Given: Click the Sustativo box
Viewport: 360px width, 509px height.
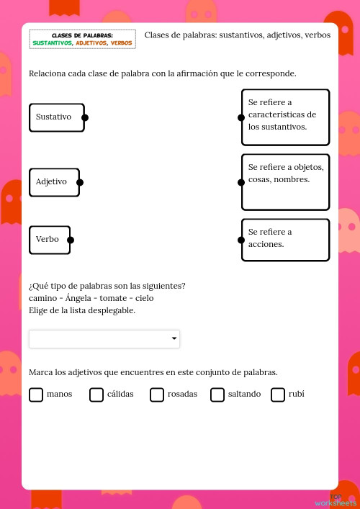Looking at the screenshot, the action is point(56,117).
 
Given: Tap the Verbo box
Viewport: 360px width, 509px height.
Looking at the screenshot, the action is point(49,240).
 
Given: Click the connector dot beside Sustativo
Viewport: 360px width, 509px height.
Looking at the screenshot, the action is point(85,117).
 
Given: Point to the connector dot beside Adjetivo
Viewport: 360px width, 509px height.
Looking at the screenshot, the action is point(80,182).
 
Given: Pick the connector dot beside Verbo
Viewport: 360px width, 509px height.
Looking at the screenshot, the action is point(71,240).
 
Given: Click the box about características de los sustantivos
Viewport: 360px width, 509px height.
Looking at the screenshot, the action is point(286,117).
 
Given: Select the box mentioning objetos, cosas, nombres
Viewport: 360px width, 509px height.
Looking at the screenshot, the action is point(286,181).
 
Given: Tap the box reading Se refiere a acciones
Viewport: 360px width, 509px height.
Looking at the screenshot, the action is point(286,239).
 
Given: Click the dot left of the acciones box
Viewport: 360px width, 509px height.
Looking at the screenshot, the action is point(241,239).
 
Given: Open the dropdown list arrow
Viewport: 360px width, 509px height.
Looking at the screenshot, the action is point(174,338).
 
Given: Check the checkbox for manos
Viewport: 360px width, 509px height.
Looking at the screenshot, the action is point(36,395).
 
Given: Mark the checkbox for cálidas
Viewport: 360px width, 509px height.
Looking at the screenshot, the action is point(96,395).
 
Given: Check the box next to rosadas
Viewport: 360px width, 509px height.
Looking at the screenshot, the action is point(157,395).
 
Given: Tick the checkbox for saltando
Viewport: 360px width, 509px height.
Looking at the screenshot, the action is point(217,395).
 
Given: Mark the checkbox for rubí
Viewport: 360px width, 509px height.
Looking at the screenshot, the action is point(278,395).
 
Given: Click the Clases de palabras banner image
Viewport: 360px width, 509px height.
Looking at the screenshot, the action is point(82,39).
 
